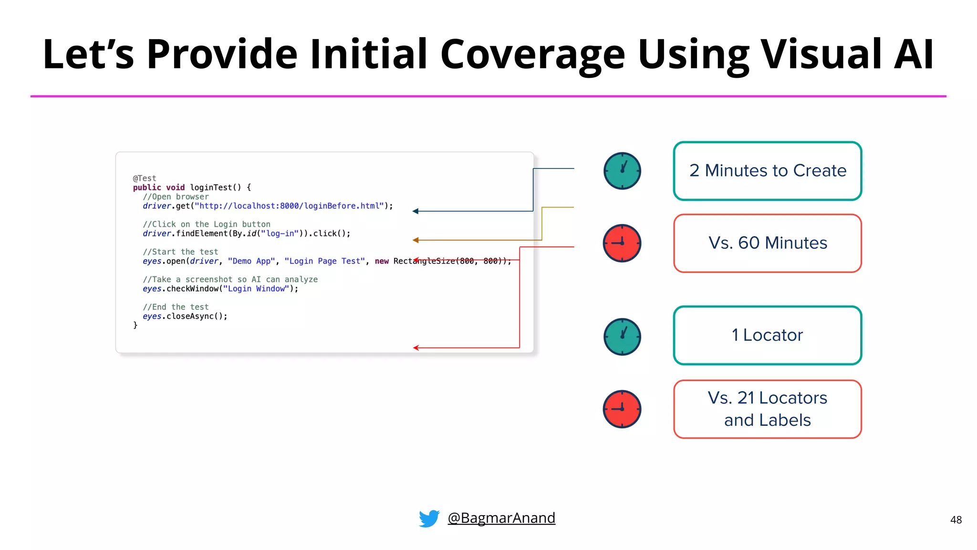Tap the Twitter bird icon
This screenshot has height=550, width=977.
click(x=429, y=518)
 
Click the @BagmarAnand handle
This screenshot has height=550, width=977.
click(x=501, y=518)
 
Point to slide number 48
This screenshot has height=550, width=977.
click(x=956, y=520)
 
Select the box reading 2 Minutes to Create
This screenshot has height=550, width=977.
click(x=767, y=171)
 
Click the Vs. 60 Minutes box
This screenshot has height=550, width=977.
click(x=767, y=243)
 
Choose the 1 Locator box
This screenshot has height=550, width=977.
click(x=767, y=335)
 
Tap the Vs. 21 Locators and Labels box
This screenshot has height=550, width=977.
click(x=767, y=409)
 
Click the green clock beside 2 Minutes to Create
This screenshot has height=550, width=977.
click(x=622, y=171)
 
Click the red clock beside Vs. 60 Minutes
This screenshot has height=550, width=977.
click(x=622, y=243)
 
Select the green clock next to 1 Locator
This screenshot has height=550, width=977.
click(x=622, y=337)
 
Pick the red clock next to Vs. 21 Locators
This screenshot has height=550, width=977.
click(x=622, y=409)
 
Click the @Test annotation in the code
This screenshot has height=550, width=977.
click(x=145, y=178)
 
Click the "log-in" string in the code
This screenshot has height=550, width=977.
click(x=280, y=233)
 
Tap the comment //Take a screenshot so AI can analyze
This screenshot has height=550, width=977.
click(x=230, y=279)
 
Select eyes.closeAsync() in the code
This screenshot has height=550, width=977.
click(x=185, y=316)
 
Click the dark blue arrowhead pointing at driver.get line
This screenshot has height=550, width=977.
click(x=416, y=211)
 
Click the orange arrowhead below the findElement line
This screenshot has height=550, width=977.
click(x=416, y=240)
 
